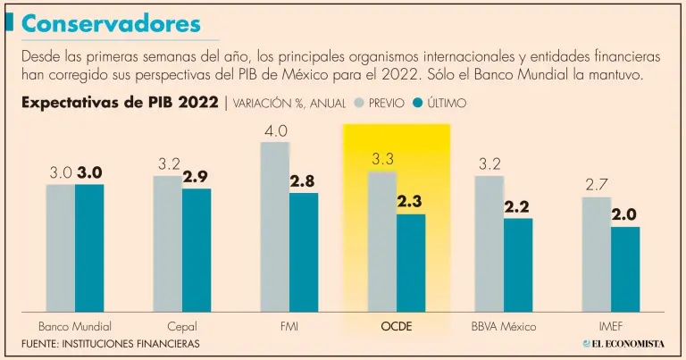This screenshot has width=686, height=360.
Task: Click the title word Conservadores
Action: [112, 23]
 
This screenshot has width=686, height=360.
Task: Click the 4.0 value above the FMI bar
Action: [275, 131]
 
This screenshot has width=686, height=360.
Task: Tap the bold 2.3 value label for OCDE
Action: [410, 202]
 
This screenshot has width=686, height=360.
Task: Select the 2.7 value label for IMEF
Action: [597, 186]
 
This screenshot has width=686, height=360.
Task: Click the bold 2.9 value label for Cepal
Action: [196, 177]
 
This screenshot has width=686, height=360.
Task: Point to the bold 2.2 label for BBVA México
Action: [517, 206]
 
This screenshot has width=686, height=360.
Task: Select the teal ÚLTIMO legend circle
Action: [418, 103]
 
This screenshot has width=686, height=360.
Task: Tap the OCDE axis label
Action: [397, 326]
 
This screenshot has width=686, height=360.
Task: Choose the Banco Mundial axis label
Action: [75, 326]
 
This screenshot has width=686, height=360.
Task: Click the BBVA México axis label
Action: [503, 326]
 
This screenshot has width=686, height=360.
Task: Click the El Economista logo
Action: [624, 343]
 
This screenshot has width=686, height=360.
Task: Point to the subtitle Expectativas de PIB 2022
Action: [120, 102]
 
